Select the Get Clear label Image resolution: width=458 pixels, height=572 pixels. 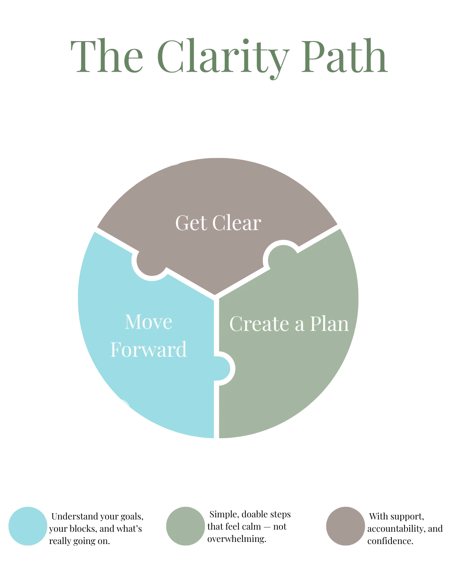(218, 223)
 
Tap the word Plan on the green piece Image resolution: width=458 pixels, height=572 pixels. (329, 324)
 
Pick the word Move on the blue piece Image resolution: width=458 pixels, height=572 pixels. (148, 322)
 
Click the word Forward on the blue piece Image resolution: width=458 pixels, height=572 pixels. (148, 350)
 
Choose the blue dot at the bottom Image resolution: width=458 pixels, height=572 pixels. (27, 525)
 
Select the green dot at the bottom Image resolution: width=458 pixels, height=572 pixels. (185, 525)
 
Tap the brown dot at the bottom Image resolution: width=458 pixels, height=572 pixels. (346, 525)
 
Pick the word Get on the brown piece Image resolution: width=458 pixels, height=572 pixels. (191, 223)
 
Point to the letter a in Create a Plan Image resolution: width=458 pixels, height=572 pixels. (299, 325)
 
